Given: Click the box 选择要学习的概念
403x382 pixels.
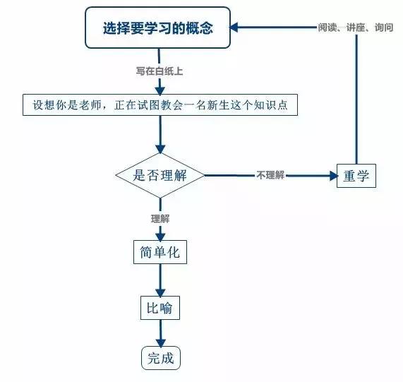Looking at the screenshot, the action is tap(157, 28).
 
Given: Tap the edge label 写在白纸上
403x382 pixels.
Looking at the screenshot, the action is tap(160, 71).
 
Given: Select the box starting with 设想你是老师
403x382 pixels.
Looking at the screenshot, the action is tap(160, 105).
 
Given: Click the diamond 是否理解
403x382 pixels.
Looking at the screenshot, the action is tap(160, 175).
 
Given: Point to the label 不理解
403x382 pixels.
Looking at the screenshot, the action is tap(270, 175).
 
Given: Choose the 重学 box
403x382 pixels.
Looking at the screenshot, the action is tap(356, 176).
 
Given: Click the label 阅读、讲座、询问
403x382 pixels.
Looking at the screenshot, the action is tap(356, 28).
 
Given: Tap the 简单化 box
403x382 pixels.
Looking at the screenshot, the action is tap(160, 252).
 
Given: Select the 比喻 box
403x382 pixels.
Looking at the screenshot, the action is tap(160, 308).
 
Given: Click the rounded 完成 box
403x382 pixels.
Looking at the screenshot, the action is tap(161, 358).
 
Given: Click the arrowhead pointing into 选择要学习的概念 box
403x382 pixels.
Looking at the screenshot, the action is tap(234, 28).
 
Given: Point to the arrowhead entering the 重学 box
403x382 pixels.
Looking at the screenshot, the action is tap(334, 176).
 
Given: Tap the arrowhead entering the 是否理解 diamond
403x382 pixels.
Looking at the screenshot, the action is tap(160, 149).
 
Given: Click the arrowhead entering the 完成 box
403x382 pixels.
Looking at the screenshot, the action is tap(161, 342).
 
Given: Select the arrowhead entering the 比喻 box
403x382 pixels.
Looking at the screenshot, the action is tap(160, 292).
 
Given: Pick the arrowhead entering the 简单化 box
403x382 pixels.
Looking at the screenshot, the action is tap(160, 237).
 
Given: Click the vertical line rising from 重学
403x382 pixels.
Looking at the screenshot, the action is tap(356, 100).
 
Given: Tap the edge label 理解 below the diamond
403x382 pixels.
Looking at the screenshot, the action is tap(160, 219).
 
